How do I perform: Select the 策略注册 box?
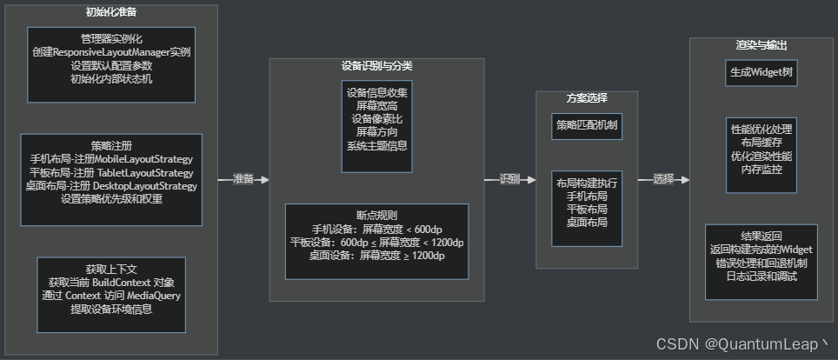coord(111,179)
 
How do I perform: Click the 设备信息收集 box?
coord(377,126)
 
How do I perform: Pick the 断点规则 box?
coord(376,241)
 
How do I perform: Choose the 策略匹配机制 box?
coord(587,125)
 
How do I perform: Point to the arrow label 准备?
coord(243,179)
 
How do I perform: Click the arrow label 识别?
coord(509,179)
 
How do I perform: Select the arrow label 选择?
coord(663,179)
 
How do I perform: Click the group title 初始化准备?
coord(110,13)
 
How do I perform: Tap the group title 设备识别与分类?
coord(376,66)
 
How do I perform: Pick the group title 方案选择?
coord(587,98)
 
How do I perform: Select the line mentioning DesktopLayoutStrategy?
coord(111,185)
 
